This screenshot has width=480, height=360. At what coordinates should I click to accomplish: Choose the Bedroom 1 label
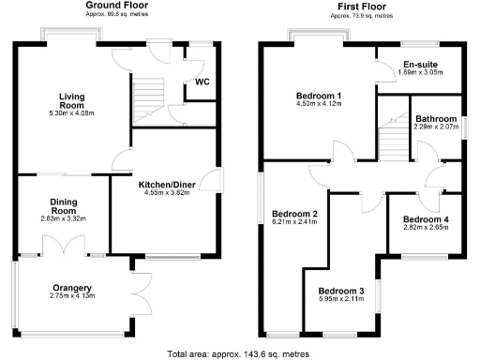(320, 96)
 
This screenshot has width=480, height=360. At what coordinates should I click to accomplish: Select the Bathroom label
(436, 118)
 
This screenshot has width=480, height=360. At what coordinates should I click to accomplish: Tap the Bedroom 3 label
(343, 291)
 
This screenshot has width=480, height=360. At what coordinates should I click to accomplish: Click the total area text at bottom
(238, 353)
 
